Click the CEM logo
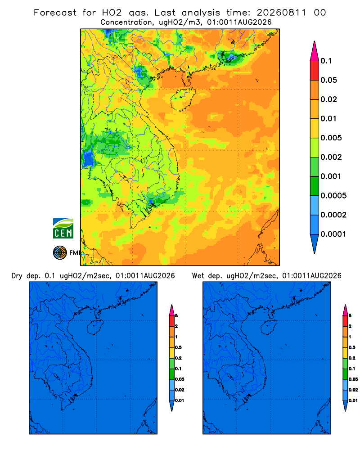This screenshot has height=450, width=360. click(63, 229)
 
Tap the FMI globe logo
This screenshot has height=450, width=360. click(60, 253)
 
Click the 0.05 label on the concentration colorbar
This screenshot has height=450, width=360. click(328, 80)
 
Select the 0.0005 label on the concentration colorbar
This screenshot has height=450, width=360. click(333, 196)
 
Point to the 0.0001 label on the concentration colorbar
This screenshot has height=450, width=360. click(333, 234)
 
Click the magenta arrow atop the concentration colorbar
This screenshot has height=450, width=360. click(315, 51)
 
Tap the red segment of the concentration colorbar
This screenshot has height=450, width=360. click(315, 71)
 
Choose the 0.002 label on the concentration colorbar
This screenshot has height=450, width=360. click(331, 157)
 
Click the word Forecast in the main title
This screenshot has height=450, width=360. click(55, 13)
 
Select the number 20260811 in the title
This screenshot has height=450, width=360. click(281, 13)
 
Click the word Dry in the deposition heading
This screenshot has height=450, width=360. click(17, 276)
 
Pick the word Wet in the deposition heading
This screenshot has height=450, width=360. click(198, 276)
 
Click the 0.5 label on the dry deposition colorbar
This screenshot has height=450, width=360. click(178, 347)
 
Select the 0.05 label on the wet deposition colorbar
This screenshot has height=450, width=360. click(353, 379)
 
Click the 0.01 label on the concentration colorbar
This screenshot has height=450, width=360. click(328, 118)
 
